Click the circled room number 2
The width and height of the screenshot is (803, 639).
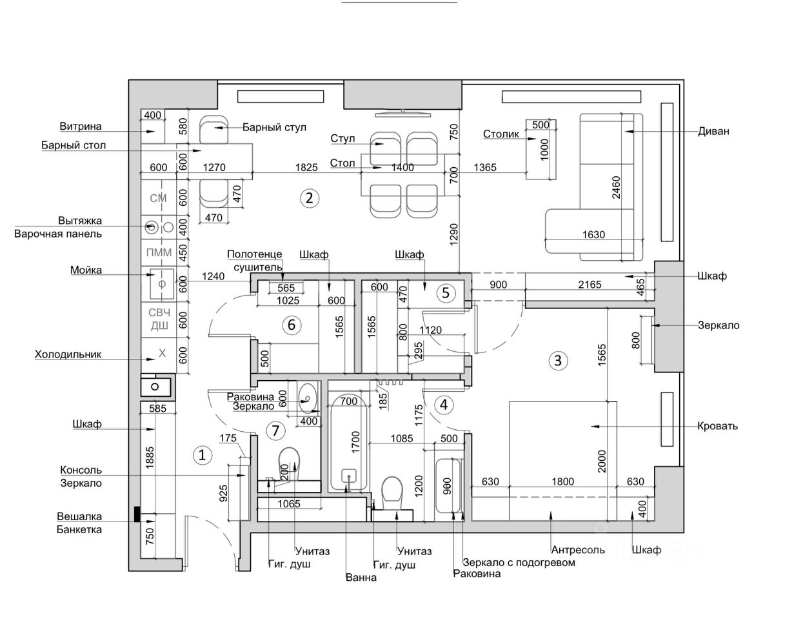309,198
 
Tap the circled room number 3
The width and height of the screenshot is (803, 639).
558,360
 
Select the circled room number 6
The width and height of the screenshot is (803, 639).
291,325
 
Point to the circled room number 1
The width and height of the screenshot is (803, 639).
202,455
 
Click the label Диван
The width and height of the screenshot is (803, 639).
713,131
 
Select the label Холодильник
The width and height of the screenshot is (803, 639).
68,354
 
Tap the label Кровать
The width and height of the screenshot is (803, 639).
718,426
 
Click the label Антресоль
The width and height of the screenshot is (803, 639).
578,550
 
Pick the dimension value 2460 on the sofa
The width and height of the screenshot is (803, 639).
616,187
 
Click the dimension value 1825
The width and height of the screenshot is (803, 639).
306,167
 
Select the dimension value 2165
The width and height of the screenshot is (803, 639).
590,285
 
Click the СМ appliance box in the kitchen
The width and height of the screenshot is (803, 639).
158,198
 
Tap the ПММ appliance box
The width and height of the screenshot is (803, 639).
159,252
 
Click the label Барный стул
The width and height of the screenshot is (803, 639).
274,127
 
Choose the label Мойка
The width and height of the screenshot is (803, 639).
86,270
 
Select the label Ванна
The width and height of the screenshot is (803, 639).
361,578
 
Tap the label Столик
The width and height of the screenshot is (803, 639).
501,134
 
